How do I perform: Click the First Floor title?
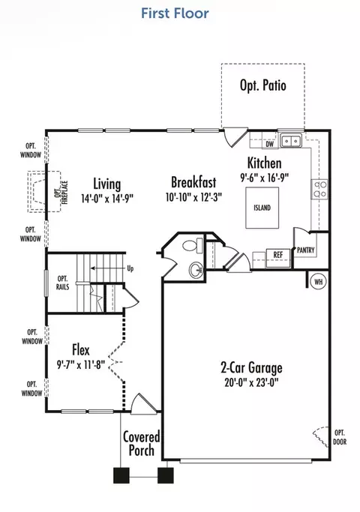[175, 13]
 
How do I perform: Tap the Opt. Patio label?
[263, 85]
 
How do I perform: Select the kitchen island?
[262, 208]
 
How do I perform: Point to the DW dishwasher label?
[269, 144]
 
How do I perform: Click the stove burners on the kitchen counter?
[319, 190]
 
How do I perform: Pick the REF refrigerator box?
[278, 258]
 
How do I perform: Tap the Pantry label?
[306, 250]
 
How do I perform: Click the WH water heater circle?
[319, 281]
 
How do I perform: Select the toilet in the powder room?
[193, 245]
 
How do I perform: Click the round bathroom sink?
[196, 270]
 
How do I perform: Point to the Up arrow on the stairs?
[108, 268]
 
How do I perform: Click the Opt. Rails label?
[63, 283]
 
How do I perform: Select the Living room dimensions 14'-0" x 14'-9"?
[107, 199]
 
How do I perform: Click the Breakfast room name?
[193, 182]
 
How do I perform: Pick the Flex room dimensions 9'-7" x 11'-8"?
[81, 364]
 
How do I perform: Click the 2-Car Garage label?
[251, 367]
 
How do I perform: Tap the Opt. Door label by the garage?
[340, 438]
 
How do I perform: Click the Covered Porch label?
[142, 444]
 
